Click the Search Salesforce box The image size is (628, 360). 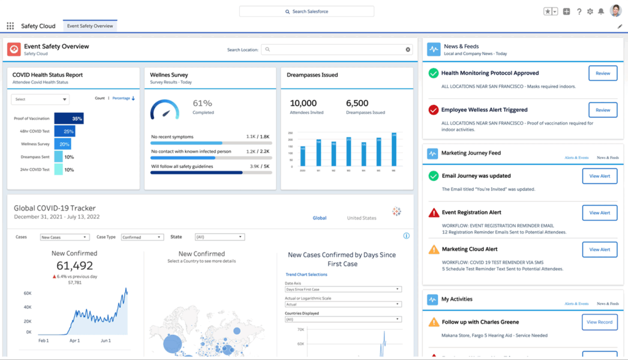(x=306, y=12)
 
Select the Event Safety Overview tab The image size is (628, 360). (x=90, y=26)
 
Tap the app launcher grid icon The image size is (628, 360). (x=10, y=26)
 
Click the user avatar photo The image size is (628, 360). (x=615, y=11)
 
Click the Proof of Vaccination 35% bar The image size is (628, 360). (x=69, y=118)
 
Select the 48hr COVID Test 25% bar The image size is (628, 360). (x=64, y=131)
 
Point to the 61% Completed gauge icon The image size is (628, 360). (x=165, y=110)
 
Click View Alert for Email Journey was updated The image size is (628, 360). (x=599, y=176)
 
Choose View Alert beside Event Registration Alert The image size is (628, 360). (x=599, y=213)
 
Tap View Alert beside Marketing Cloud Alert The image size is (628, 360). (x=599, y=250)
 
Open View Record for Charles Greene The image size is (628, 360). (x=599, y=322)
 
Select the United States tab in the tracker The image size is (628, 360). (x=361, y=218)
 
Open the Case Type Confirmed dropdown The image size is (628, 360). (x=142, y=237)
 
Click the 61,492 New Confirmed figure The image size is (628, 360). (x=74, y=266)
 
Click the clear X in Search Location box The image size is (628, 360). (x=408, y=50)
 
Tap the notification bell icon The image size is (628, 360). (x=601, y=12)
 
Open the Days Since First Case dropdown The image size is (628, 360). (x=343, y=289)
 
